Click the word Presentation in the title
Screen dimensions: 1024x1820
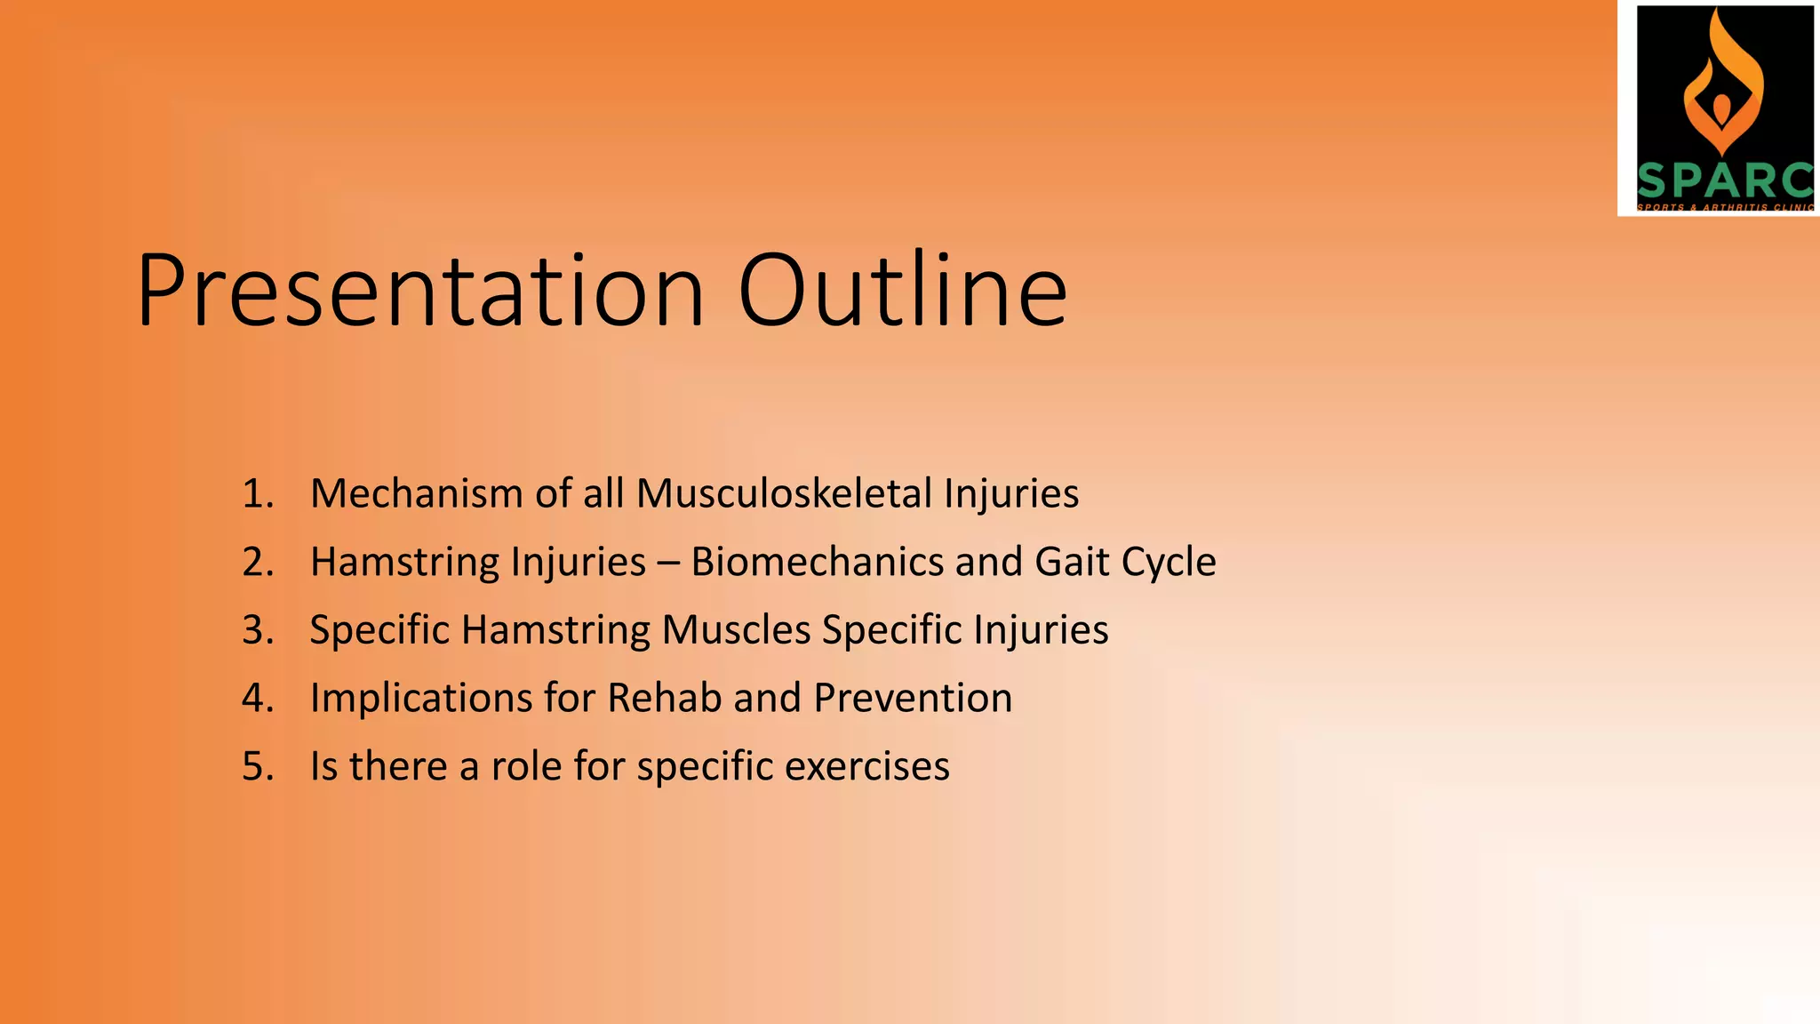[420, 292]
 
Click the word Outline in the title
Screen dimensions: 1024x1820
[902, 292]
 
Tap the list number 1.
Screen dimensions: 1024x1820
[257, 493]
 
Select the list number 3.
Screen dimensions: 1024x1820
[257, 630]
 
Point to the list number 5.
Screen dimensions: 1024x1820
[257, 766]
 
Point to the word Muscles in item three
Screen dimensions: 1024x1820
[736, 630]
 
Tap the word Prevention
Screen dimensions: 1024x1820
[913, 698]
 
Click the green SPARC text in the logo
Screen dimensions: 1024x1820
[1724, 181]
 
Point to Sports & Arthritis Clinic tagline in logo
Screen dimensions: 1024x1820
[1724, 207]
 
